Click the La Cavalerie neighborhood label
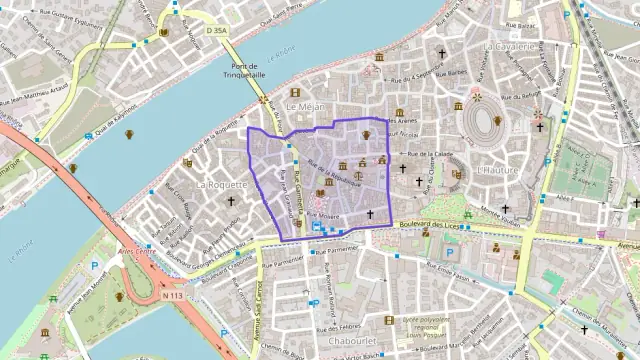click(x=512, y=46)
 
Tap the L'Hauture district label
click(x=497, y=170)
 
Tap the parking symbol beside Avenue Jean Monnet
click(x=95, y=268)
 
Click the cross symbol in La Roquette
click(x=231, y=201)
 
